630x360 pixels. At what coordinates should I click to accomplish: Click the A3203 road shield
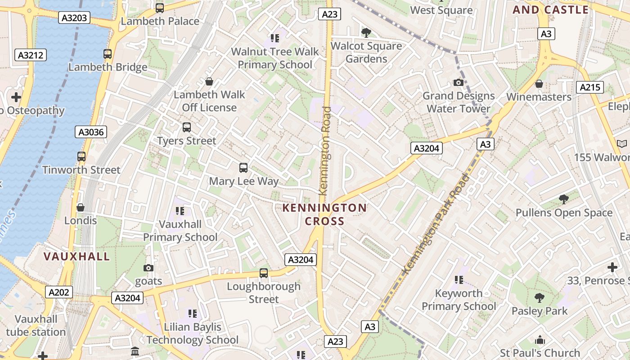(75, 18)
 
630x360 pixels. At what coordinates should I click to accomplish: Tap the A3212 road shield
(31, 55)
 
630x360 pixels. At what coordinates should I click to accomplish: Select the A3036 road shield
(91, 132)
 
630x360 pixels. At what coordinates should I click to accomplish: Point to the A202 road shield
(59, 292)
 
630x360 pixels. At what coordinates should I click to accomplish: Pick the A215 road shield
(590, 87)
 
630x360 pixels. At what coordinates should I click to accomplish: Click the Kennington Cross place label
(324, 215)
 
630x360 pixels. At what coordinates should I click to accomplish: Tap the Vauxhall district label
(76, 256)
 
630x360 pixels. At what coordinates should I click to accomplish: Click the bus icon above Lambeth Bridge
(108, 54)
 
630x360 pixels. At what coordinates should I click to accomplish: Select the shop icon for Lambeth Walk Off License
(209, 81)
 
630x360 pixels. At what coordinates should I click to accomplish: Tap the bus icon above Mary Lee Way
(243, 168)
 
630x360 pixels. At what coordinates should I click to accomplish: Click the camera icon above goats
(148, 268)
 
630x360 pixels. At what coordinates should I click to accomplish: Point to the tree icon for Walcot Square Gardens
(366, 32)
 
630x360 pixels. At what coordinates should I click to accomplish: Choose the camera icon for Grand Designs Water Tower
(459, 82)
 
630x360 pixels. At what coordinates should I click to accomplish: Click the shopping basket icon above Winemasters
(539, 84)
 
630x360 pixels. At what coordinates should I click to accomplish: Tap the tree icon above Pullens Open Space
(563, 199)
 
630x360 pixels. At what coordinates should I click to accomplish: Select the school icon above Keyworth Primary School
(459, 280)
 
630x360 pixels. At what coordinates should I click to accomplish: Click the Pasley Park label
(540, 311)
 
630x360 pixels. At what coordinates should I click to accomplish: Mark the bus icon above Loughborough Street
(264, 273)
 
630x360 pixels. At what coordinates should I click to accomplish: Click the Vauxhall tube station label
(36, 326)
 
